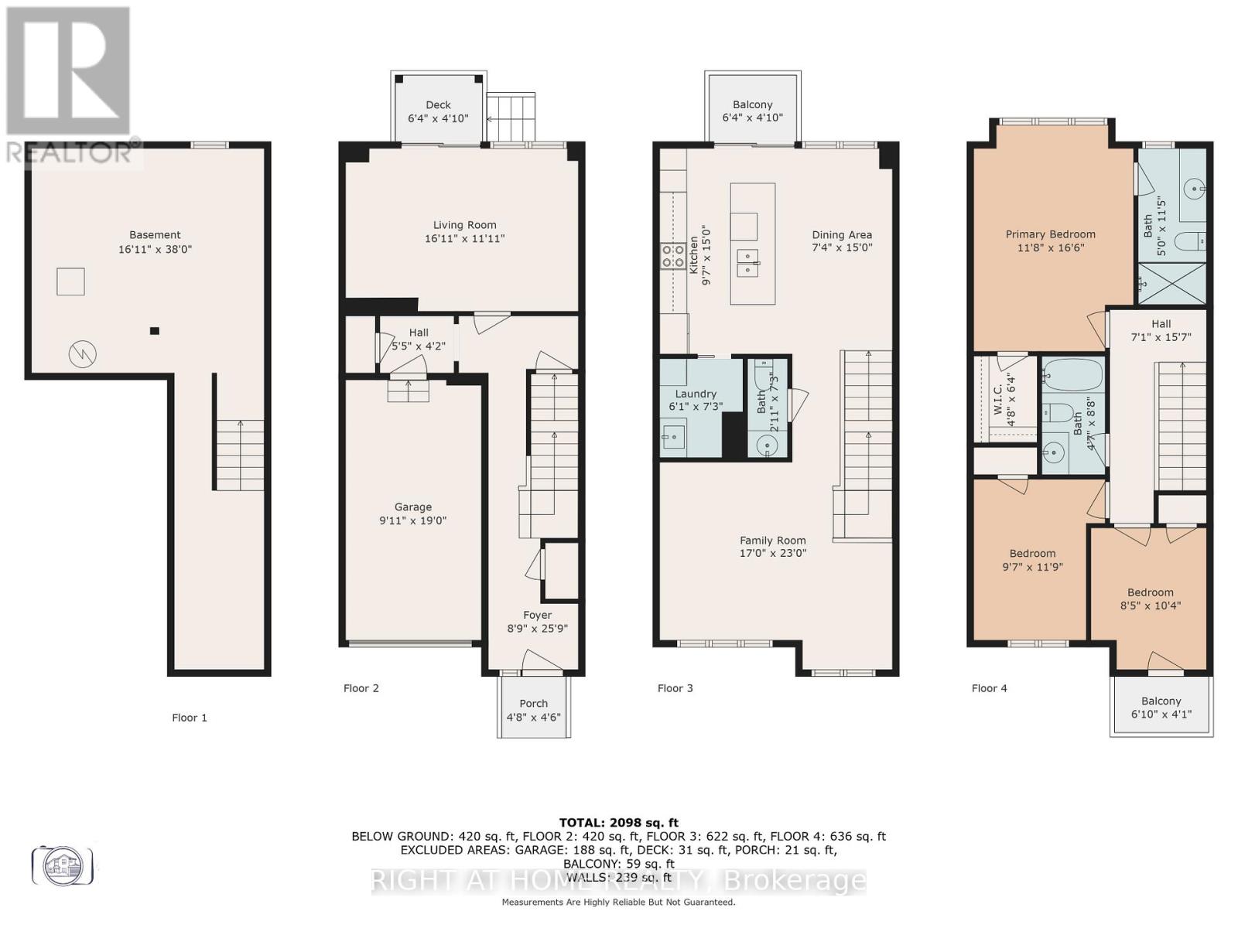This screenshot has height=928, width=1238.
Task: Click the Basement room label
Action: point(155,235)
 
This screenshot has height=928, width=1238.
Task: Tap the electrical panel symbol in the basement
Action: point(83,354)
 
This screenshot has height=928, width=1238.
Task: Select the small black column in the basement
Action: point(155,331)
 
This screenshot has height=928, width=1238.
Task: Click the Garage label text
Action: point(412,507)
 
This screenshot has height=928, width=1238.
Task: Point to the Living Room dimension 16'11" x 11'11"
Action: point(464,239)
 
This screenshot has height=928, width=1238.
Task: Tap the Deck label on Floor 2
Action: point(438,105)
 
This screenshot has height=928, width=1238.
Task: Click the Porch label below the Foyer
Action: point(533,704)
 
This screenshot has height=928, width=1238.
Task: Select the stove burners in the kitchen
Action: point(672,255)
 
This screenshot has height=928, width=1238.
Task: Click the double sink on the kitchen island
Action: point(747,263)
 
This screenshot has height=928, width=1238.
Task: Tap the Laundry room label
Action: point(696,394)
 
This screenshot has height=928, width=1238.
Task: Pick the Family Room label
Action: point(772,541)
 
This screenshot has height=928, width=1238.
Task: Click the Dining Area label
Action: point(842,235)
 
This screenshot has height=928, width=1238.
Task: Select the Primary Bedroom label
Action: point(1050,234)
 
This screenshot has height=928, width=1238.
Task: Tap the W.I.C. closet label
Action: point(998,398)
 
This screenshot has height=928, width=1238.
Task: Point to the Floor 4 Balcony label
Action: point(1161,701)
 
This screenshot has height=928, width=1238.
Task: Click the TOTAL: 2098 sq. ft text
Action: point(618,823)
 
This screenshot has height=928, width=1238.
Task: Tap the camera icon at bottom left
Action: point(63,864)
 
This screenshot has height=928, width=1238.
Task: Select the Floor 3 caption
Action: point(675,688)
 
